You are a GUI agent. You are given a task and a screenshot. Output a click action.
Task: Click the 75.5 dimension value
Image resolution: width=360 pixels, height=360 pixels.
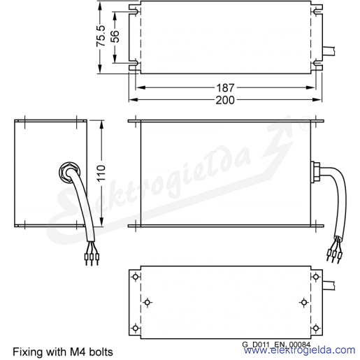(x=101, y=36)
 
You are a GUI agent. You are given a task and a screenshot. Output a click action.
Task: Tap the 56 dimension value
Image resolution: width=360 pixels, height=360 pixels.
(x=115, y=36)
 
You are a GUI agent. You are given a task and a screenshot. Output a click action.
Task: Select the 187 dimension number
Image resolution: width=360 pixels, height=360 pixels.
(x=225, y=88)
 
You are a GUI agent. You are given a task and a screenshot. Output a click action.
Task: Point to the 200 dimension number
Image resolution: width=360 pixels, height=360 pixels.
(x=225, y=100)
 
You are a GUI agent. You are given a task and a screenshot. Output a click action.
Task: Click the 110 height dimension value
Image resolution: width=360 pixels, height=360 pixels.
(x=101, y=173)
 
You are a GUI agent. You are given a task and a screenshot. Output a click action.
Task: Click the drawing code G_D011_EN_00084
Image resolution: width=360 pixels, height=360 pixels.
(x=276, y=344)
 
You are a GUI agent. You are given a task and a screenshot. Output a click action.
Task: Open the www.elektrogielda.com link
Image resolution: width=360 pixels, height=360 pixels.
(x=299, y=350)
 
